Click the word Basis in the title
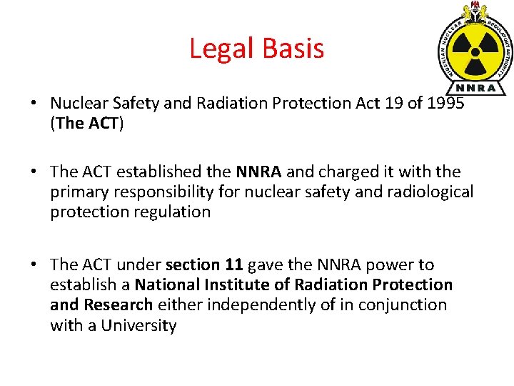[x=292, y=49]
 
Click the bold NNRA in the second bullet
[x=258, y=172]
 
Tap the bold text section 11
[x=206, y=264]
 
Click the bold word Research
[x=118, y=305]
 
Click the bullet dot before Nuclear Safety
[x=34, y=104]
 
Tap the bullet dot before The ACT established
[x=34, y=172]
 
